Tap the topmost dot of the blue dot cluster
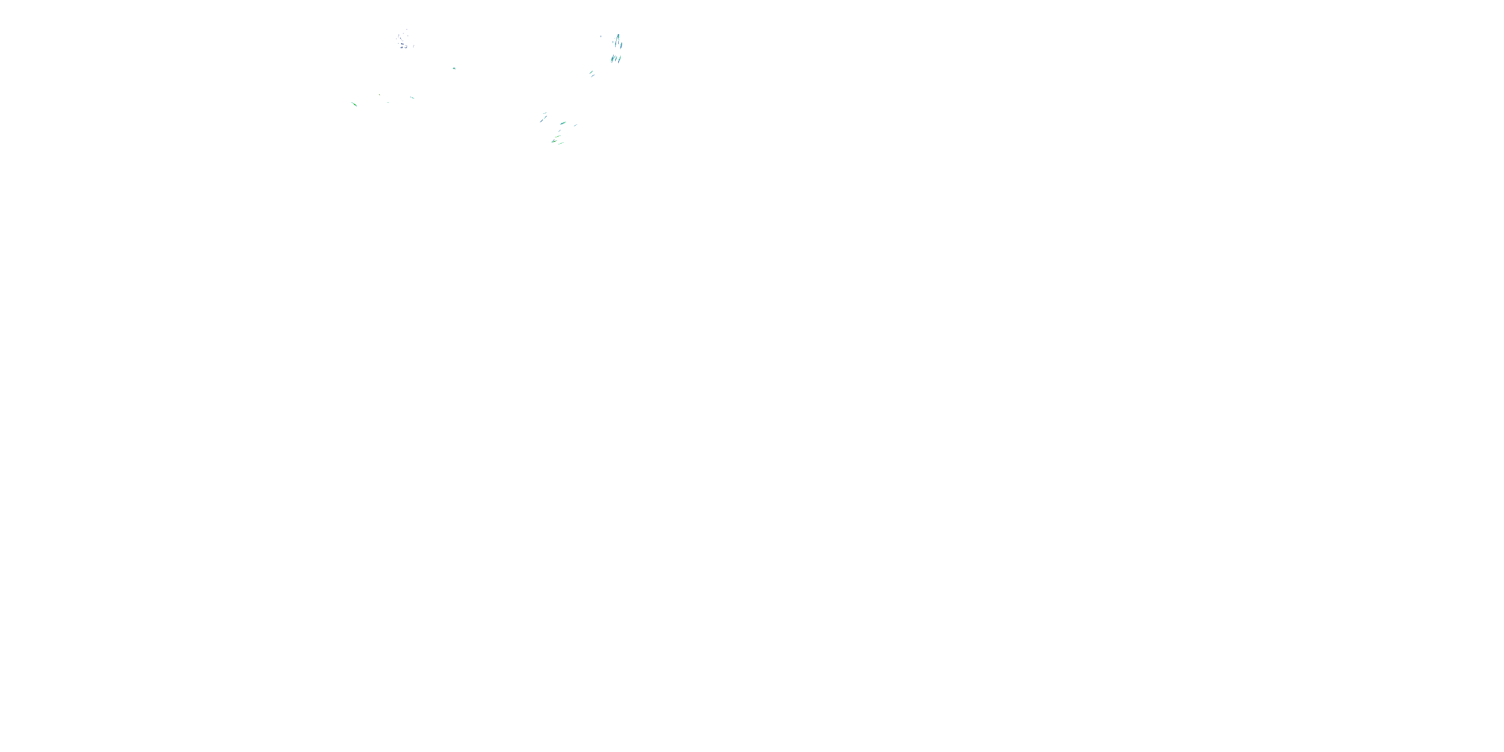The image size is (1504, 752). point(407,30)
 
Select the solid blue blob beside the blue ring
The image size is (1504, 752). point(402,48)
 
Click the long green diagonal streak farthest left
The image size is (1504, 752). point(354,104)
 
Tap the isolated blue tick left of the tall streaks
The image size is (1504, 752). point(602,37)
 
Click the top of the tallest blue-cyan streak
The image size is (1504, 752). point(619,36)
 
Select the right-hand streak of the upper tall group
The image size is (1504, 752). point(622,46)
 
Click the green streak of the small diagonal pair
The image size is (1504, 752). point(592,72)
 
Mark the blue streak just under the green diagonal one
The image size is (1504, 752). point(593,76)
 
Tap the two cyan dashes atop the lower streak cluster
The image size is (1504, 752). point(545,113)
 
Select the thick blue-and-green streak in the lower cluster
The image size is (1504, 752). point(563,123)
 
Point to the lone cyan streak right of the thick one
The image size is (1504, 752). point(576,125)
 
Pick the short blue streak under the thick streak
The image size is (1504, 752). point(560,131)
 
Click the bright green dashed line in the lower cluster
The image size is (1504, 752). point(558,137)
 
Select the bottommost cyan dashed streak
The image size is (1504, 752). point(561,143)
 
